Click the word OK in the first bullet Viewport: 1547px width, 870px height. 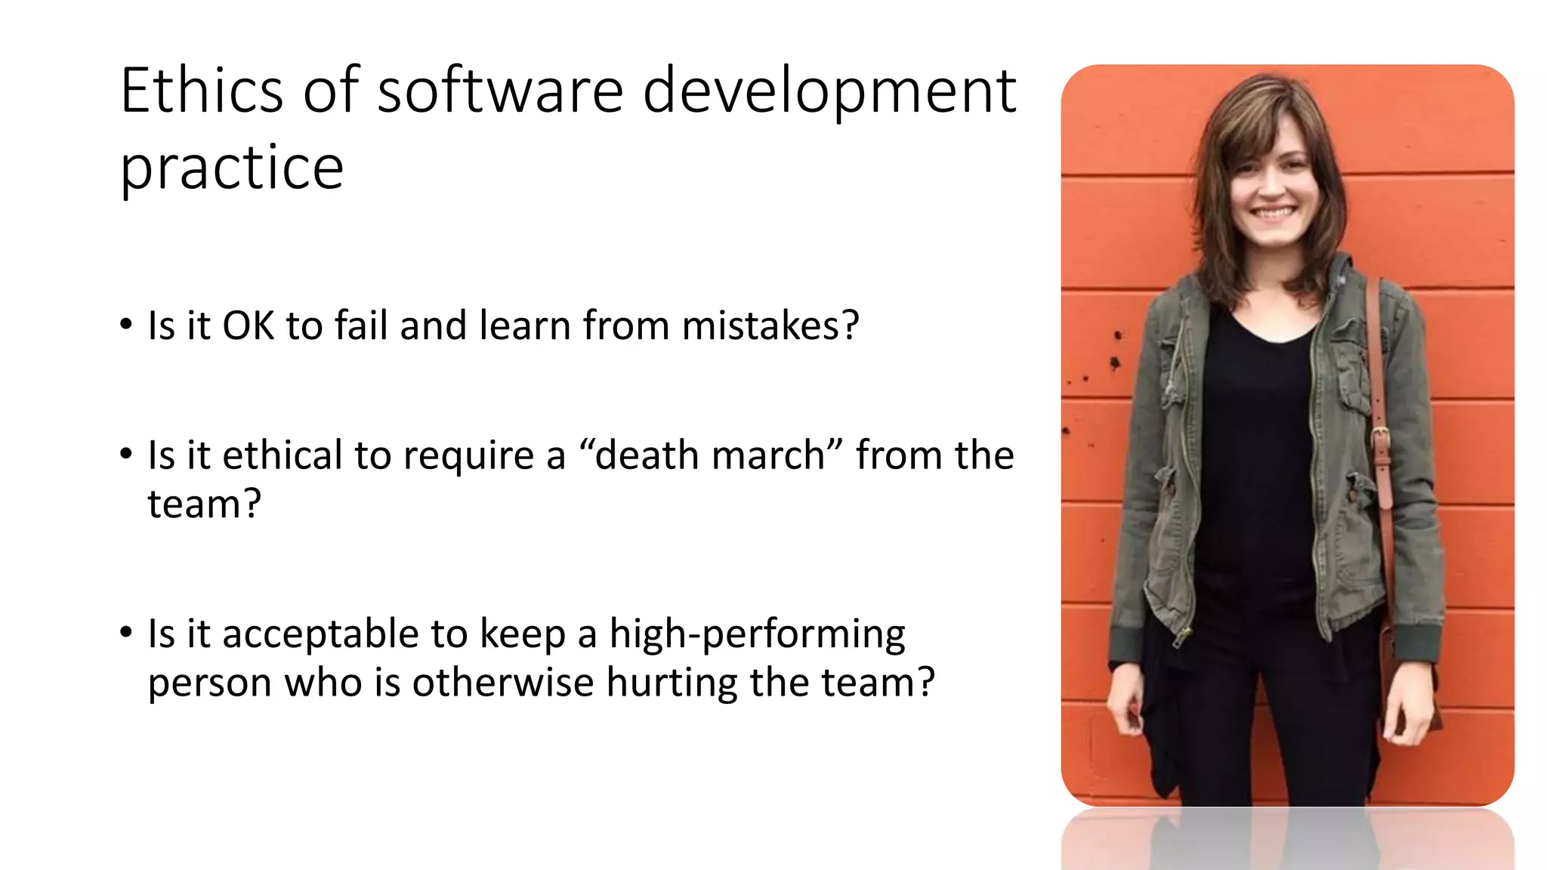coord(249,325)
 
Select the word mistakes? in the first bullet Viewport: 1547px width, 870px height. coord(770,325)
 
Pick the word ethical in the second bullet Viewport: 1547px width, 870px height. coord(283,455)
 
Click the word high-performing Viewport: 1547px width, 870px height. coord(757,635)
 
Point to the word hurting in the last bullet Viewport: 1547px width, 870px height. coord(672,683)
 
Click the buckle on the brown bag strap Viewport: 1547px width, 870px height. coord(1380,436)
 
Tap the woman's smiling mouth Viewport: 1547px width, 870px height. coord(1275,213)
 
